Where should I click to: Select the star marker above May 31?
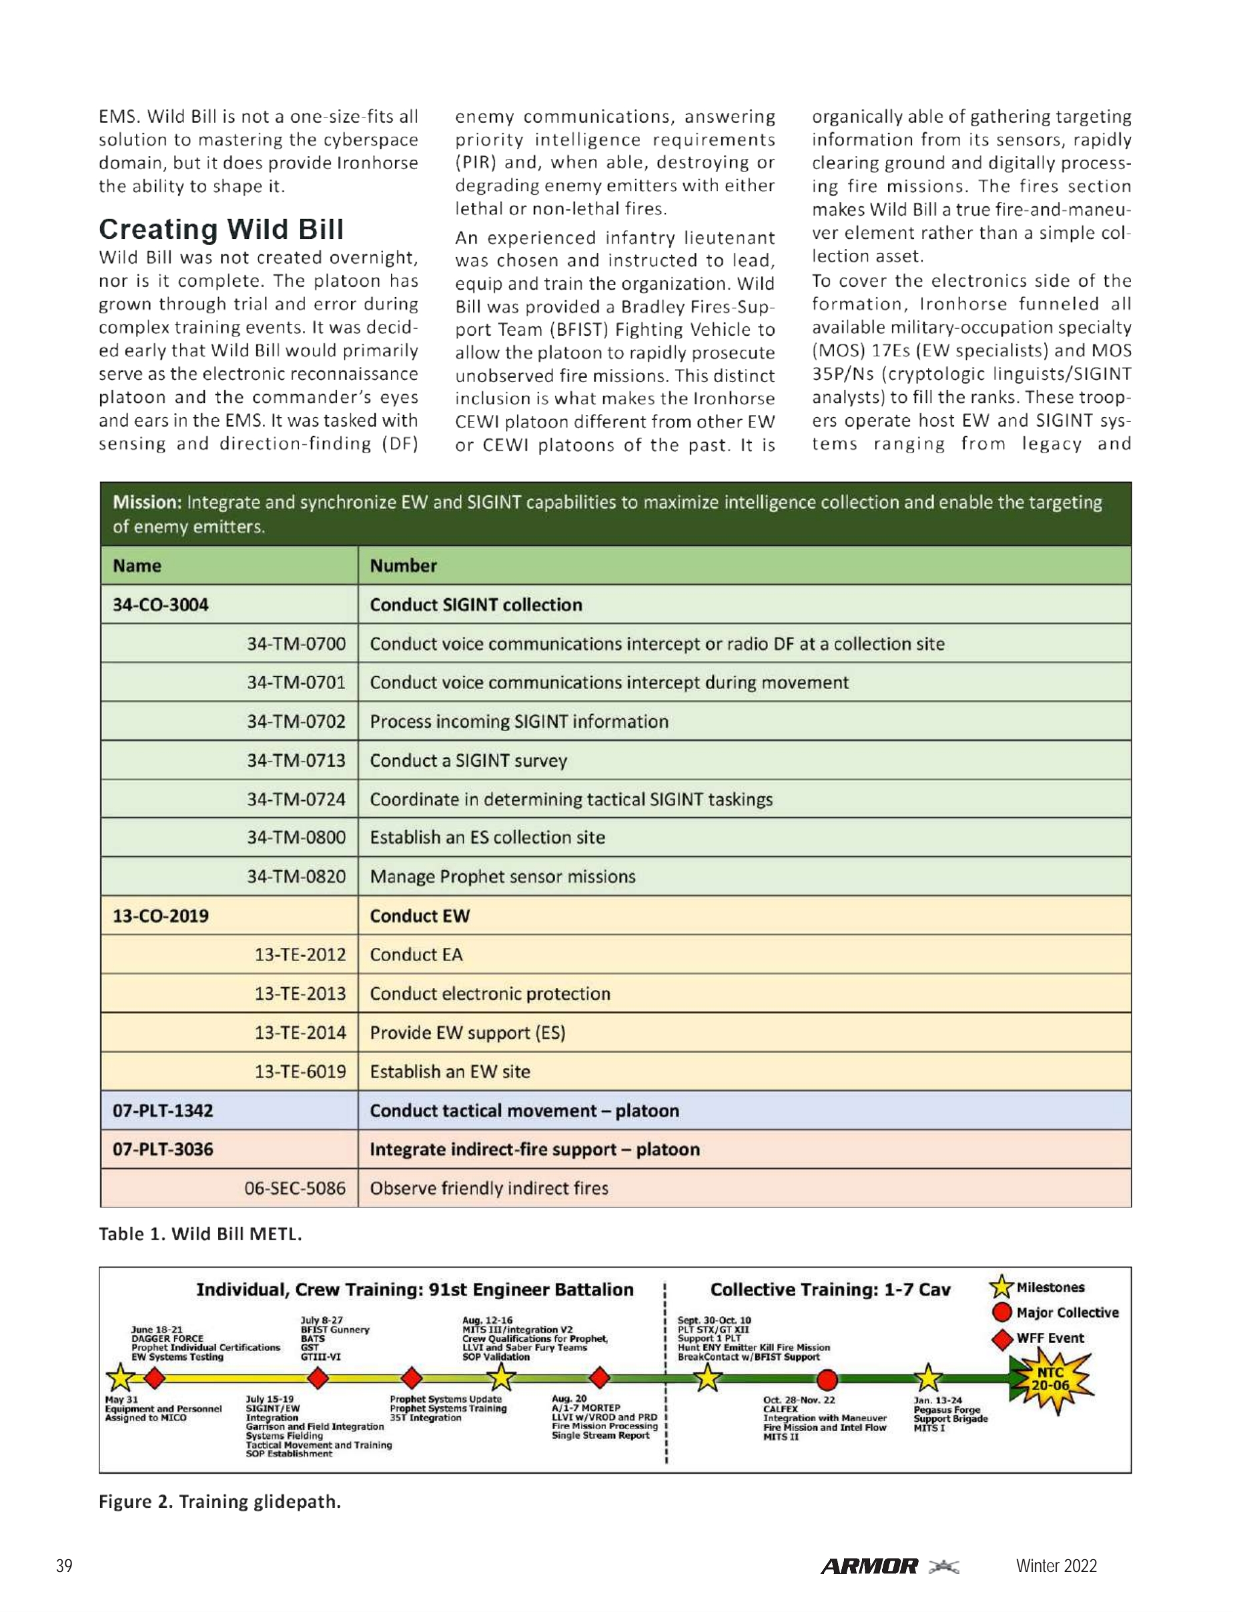(119, 1377)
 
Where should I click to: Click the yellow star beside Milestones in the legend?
(1001, 1287)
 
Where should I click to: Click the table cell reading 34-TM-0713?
(296, 760)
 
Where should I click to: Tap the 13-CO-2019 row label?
(161, 915)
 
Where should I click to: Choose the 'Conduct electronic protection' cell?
(490, 993)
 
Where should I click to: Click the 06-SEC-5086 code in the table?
(294, 1187)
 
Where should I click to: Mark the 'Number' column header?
(403, 565)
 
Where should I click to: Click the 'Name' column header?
(137, 565)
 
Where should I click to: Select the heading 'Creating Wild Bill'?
(221, 229)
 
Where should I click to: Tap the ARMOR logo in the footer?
(869, 1566)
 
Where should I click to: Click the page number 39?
(65, 1566)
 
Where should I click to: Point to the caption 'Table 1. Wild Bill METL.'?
(200, 1234)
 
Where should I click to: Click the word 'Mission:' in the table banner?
(147, 502)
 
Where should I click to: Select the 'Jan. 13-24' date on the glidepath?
(937, 1400)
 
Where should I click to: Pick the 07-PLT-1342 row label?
(163, 1110)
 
